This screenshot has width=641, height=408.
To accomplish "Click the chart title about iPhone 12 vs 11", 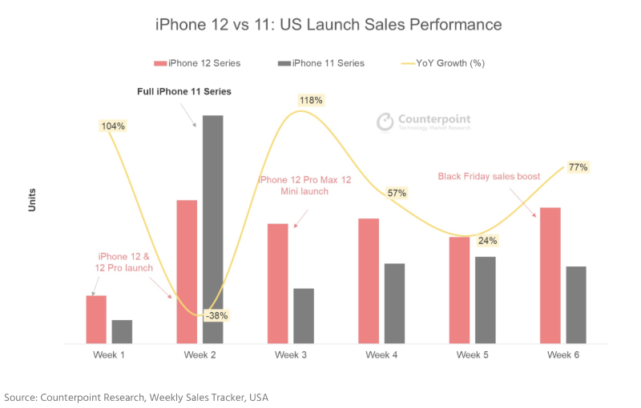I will [x=329, y=25].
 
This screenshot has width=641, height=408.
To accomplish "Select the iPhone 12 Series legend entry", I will [x=197, y=63].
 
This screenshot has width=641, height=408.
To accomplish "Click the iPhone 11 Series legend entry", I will [x=321, y=63].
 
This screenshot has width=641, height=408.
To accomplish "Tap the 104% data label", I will [x=112, y=126].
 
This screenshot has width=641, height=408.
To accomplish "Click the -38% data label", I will [x=216, y=315].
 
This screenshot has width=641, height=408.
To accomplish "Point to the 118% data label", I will [x=310, y=100].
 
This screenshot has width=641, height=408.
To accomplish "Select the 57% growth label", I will [x=397, y=193].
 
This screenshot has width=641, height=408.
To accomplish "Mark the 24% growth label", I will [x=487, y=240].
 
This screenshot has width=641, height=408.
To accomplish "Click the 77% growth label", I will [x=578, y=167].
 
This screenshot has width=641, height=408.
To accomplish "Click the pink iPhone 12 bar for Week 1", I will [x=96, y=320].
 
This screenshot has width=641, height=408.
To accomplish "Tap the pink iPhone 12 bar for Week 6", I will [x=550, y=276].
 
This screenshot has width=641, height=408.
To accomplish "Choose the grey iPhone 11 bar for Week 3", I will [x=304, y=316].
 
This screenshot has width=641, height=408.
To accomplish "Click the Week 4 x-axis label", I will [x=384, y=354].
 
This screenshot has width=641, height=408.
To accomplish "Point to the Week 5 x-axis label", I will [x=474, y=354].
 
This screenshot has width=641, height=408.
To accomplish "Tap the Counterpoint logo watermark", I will [x=424, y=122].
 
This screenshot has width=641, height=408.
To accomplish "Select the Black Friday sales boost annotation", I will [x=489, y=176].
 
